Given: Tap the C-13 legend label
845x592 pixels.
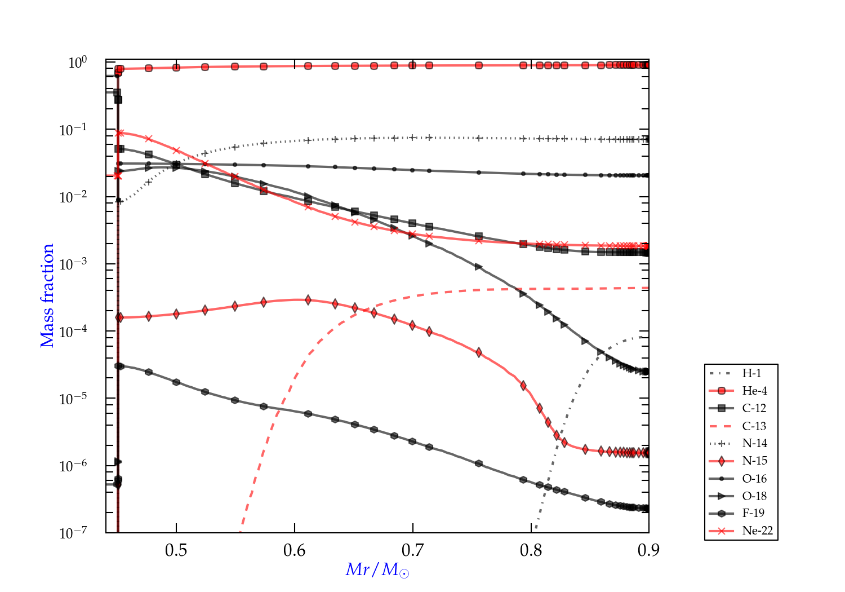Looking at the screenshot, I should point(754,426).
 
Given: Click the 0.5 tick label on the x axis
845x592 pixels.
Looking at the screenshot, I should point(176,550).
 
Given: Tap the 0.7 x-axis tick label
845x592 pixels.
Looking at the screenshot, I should point(413,550).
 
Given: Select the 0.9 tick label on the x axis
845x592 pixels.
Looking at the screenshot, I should point(649,550).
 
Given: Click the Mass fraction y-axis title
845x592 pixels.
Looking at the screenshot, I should point(47,295).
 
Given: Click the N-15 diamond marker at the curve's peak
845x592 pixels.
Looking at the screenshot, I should point(308,300).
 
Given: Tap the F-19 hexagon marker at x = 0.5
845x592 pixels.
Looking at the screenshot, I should point(176,382).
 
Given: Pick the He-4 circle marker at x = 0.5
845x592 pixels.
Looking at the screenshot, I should point(176,68).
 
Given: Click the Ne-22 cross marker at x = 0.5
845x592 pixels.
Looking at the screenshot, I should point(176,151).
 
